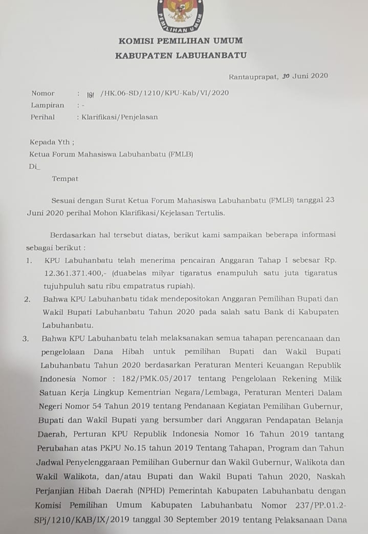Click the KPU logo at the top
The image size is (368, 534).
point(180,15)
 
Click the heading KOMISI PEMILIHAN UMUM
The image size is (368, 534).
point(181,41)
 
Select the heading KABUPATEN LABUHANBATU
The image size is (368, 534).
point(181,55)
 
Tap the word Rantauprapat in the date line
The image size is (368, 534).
point(253,77)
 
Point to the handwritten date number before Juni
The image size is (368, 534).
point(286,76)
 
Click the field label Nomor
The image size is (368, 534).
point(42,93)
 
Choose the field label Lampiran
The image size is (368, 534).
point(47,105)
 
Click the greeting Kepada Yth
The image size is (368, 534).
point(52,142)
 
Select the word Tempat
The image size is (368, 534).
point(65,179)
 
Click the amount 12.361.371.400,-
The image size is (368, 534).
point(73,273)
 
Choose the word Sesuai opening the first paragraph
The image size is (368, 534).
point(63,200)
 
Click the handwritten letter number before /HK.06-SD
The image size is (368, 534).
point(90,94)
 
